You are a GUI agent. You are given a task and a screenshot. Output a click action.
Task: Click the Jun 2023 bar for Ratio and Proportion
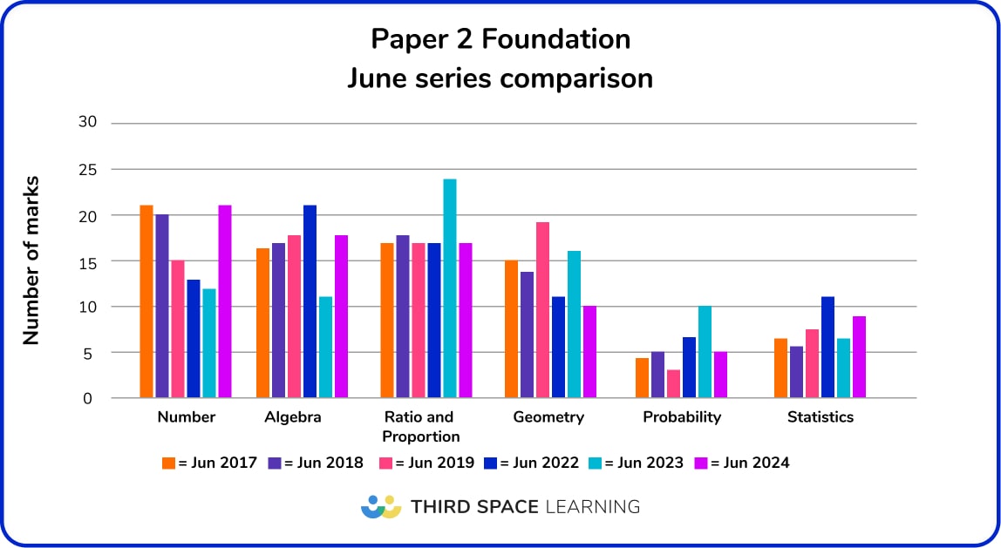tap(449, 289)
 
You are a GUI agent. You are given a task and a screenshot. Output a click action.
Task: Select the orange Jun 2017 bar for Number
tap(146, 302)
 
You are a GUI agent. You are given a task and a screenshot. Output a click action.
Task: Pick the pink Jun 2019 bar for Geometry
tap(542, 310)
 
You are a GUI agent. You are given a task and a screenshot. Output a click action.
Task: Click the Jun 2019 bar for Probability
tap(673, 384)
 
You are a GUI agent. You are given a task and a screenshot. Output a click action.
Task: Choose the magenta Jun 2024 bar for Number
tap(224, 302)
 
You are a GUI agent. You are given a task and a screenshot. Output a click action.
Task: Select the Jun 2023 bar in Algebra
tap(325, 348)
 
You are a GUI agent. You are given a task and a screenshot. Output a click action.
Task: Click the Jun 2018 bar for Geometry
tap(527, 335)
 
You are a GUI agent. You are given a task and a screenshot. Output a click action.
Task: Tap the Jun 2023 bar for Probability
tap(705, 352)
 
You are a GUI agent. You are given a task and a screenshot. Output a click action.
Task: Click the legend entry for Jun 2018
tap(316, 463)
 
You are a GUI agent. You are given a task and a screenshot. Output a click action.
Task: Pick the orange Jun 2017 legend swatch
tap(169, 463)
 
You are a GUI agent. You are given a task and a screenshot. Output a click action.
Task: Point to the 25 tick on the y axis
tap(87, 169)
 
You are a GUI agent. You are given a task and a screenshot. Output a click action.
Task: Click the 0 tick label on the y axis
tap(87, 399)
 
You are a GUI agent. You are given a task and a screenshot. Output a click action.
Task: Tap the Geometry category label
tap(548, 417)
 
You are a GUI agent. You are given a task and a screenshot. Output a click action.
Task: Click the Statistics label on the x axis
tap(820, 417)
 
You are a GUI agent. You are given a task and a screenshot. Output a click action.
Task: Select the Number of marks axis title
tap(31, 260)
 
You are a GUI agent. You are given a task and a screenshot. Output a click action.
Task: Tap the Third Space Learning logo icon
tap(380, 506)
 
